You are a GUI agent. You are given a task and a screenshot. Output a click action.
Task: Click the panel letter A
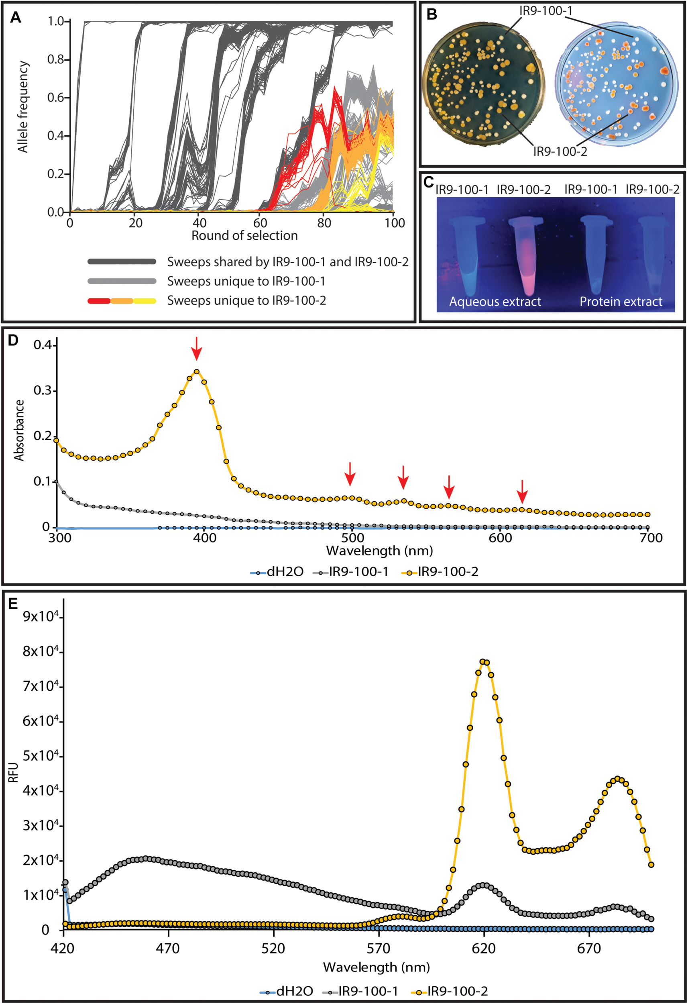tap(16, 17)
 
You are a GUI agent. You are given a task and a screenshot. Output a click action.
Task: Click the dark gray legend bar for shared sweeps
tap(122, 261)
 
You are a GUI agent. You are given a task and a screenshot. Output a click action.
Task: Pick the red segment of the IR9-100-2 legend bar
tap(99, 301)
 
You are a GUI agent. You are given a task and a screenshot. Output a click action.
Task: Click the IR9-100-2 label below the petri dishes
tap(560, 152)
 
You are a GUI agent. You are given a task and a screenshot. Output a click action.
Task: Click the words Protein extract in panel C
tap(621, 302)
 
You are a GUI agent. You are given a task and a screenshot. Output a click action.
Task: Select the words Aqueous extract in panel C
tap(495, 302)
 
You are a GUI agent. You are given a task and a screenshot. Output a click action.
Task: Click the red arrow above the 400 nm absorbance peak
tap(197, 348)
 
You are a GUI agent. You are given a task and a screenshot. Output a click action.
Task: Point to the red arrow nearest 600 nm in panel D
tap(522, 491)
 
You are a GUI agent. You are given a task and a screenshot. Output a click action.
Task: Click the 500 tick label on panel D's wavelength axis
tap(352, 538)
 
